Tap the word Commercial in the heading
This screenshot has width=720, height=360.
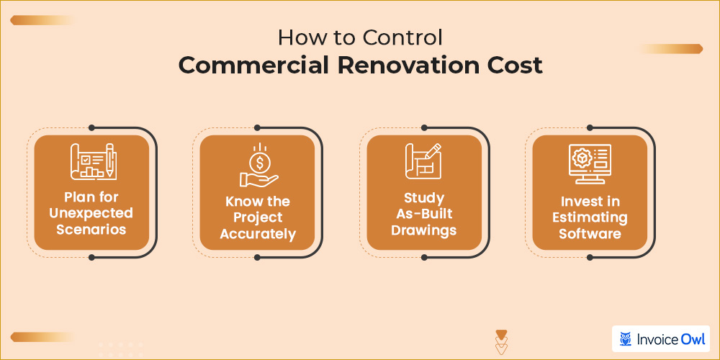tap(248, 65)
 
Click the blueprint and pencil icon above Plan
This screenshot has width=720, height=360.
tap(91, 163)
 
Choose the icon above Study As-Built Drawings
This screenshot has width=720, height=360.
tap(423, 163)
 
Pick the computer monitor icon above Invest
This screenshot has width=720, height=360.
tap(589, 163)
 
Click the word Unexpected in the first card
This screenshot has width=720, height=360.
tap(91, 213)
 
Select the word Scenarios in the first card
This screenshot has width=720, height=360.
tap(91, 230)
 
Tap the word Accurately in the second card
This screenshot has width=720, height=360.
tap(257, 235)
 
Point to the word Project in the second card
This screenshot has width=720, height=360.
tap(257, 217)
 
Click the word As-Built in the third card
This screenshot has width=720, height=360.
tap(423, 214)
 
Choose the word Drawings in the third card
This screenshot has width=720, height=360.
tap(423, 230)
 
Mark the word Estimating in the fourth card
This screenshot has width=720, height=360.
tap(589, 217)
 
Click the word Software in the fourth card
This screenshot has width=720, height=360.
tap(589, 234)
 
